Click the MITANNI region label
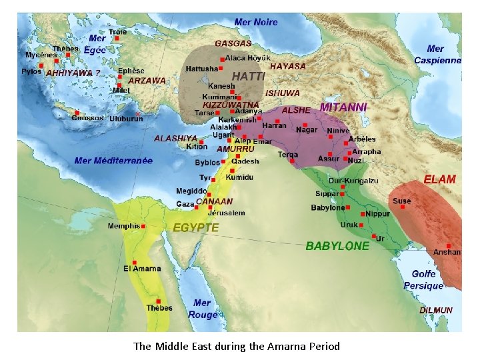[x=343, y=107]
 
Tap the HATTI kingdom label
[x=248, y=77]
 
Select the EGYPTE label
[x=196, y=227]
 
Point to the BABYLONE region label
[x=337, y=246]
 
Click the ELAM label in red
[x=440, y=179]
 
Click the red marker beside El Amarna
[x=135, y=262]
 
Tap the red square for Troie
[x=117, y=39]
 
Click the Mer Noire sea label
[x=256, y=22]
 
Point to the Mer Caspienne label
[x=437, y=54]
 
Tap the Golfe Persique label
[x=423, y=279]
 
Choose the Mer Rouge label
[x=202, y=309]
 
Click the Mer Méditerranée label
[x=113, y=161]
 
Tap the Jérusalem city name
[x=226, y=213]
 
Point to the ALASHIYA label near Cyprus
[x=175, y=138]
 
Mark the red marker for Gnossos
[x=77, y=113]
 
